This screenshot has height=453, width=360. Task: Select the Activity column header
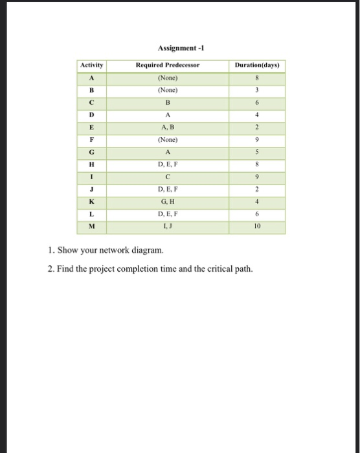click(x=91, y=65)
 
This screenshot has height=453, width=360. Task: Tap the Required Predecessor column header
click(x=168, y=65)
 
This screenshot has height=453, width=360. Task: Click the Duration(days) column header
click(x=257, y=65)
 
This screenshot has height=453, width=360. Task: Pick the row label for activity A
click(x=91, y=78)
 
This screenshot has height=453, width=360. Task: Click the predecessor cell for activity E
click(x=168, y=127)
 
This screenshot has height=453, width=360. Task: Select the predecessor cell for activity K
click(x=168, y=203)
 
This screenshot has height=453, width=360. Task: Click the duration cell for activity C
click(x=257, y=103)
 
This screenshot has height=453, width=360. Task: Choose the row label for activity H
click(x=91, y=165)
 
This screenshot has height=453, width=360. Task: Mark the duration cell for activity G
click(x=257, y=153)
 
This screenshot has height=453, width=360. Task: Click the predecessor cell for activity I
click(x=168, y=177)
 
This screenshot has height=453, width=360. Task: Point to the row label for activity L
click(x=91, y=215)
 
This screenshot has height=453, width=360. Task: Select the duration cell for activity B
click(x=257, y=91)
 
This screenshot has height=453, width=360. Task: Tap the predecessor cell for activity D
click(x=168, y=115)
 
